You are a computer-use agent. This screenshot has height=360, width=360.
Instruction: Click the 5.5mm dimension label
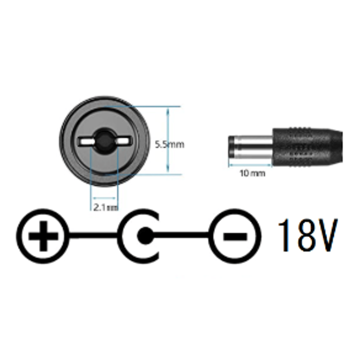pyautogui.click(x=169, y=145)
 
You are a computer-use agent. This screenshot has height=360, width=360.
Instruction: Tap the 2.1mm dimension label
pyautogui.click(x=106, y=207)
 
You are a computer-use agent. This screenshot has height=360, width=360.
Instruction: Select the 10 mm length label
pyautogui.click(x=252, y=173)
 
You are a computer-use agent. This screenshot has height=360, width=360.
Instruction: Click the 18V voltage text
pyautogui.click(x=308, y=235)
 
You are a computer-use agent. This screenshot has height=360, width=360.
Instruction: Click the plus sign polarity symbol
pyautogui.click(x=43, y=236)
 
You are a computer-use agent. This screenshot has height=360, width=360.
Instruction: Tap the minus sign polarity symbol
pyautogui.click(x=235, y=236)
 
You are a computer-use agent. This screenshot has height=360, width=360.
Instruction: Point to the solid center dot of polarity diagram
pyautogui.click(x=145, y=236)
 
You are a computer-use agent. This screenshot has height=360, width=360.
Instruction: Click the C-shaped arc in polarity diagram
pyautogui.click(x=122, y=236)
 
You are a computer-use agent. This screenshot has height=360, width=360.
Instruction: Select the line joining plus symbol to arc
pyautogui.click(x=94, y=236)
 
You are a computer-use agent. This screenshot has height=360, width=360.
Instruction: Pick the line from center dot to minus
pyautogui.click(x=182, y=236)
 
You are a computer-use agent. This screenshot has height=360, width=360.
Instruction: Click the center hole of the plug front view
pyautogui.click(x=104, y=140)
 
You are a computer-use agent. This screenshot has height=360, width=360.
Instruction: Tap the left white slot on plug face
pyautogui.click(x=86, y=141)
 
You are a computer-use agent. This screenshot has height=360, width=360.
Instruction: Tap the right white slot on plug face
pyautogui.click(x=124, y=141)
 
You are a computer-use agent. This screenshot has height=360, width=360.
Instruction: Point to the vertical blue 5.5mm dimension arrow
pyautogui.click(x=168, y=140)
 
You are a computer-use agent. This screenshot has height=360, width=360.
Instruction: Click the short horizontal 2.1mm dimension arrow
pyautogui.click(x=104, y=198)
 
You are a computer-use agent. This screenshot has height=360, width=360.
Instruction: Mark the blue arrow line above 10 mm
pyautogui.click(x=250, y=165)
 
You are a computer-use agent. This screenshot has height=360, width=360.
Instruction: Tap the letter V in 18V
pyautogui.click(x=328, y=235)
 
